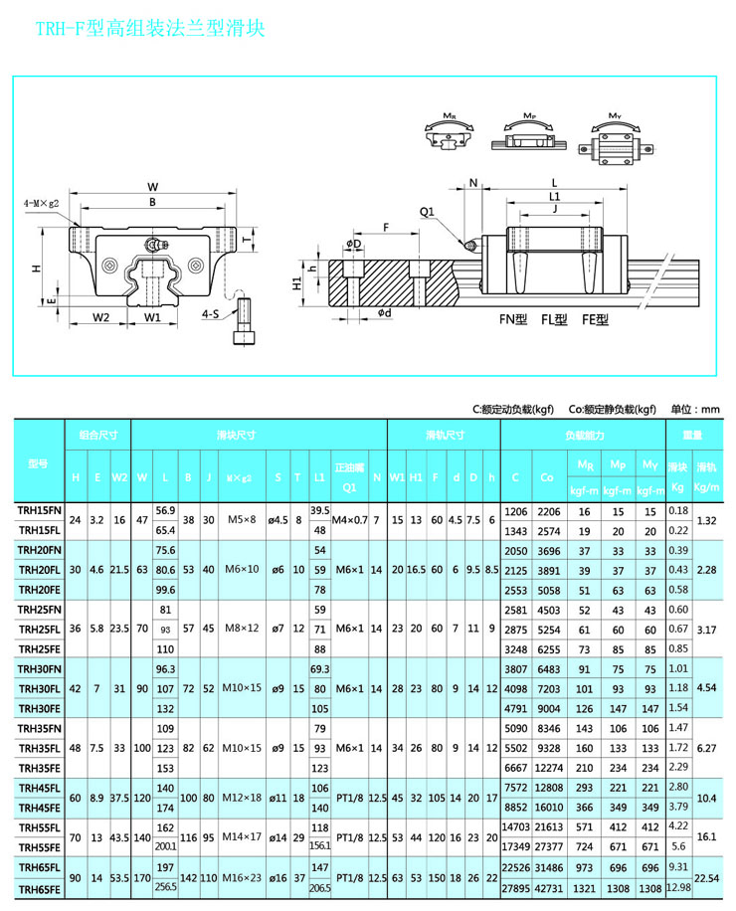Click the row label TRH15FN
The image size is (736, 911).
tap(39, 510)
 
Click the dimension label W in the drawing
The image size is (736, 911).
tap(152, 186)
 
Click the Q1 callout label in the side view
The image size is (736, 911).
tap(427, 211)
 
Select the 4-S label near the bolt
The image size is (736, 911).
tap(210, 314)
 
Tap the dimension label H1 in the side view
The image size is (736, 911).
tap(296, 282)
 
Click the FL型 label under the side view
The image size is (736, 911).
tap(554, 319)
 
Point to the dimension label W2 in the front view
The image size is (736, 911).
tap(101, 318)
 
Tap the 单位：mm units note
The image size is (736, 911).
tap(695, 409)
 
